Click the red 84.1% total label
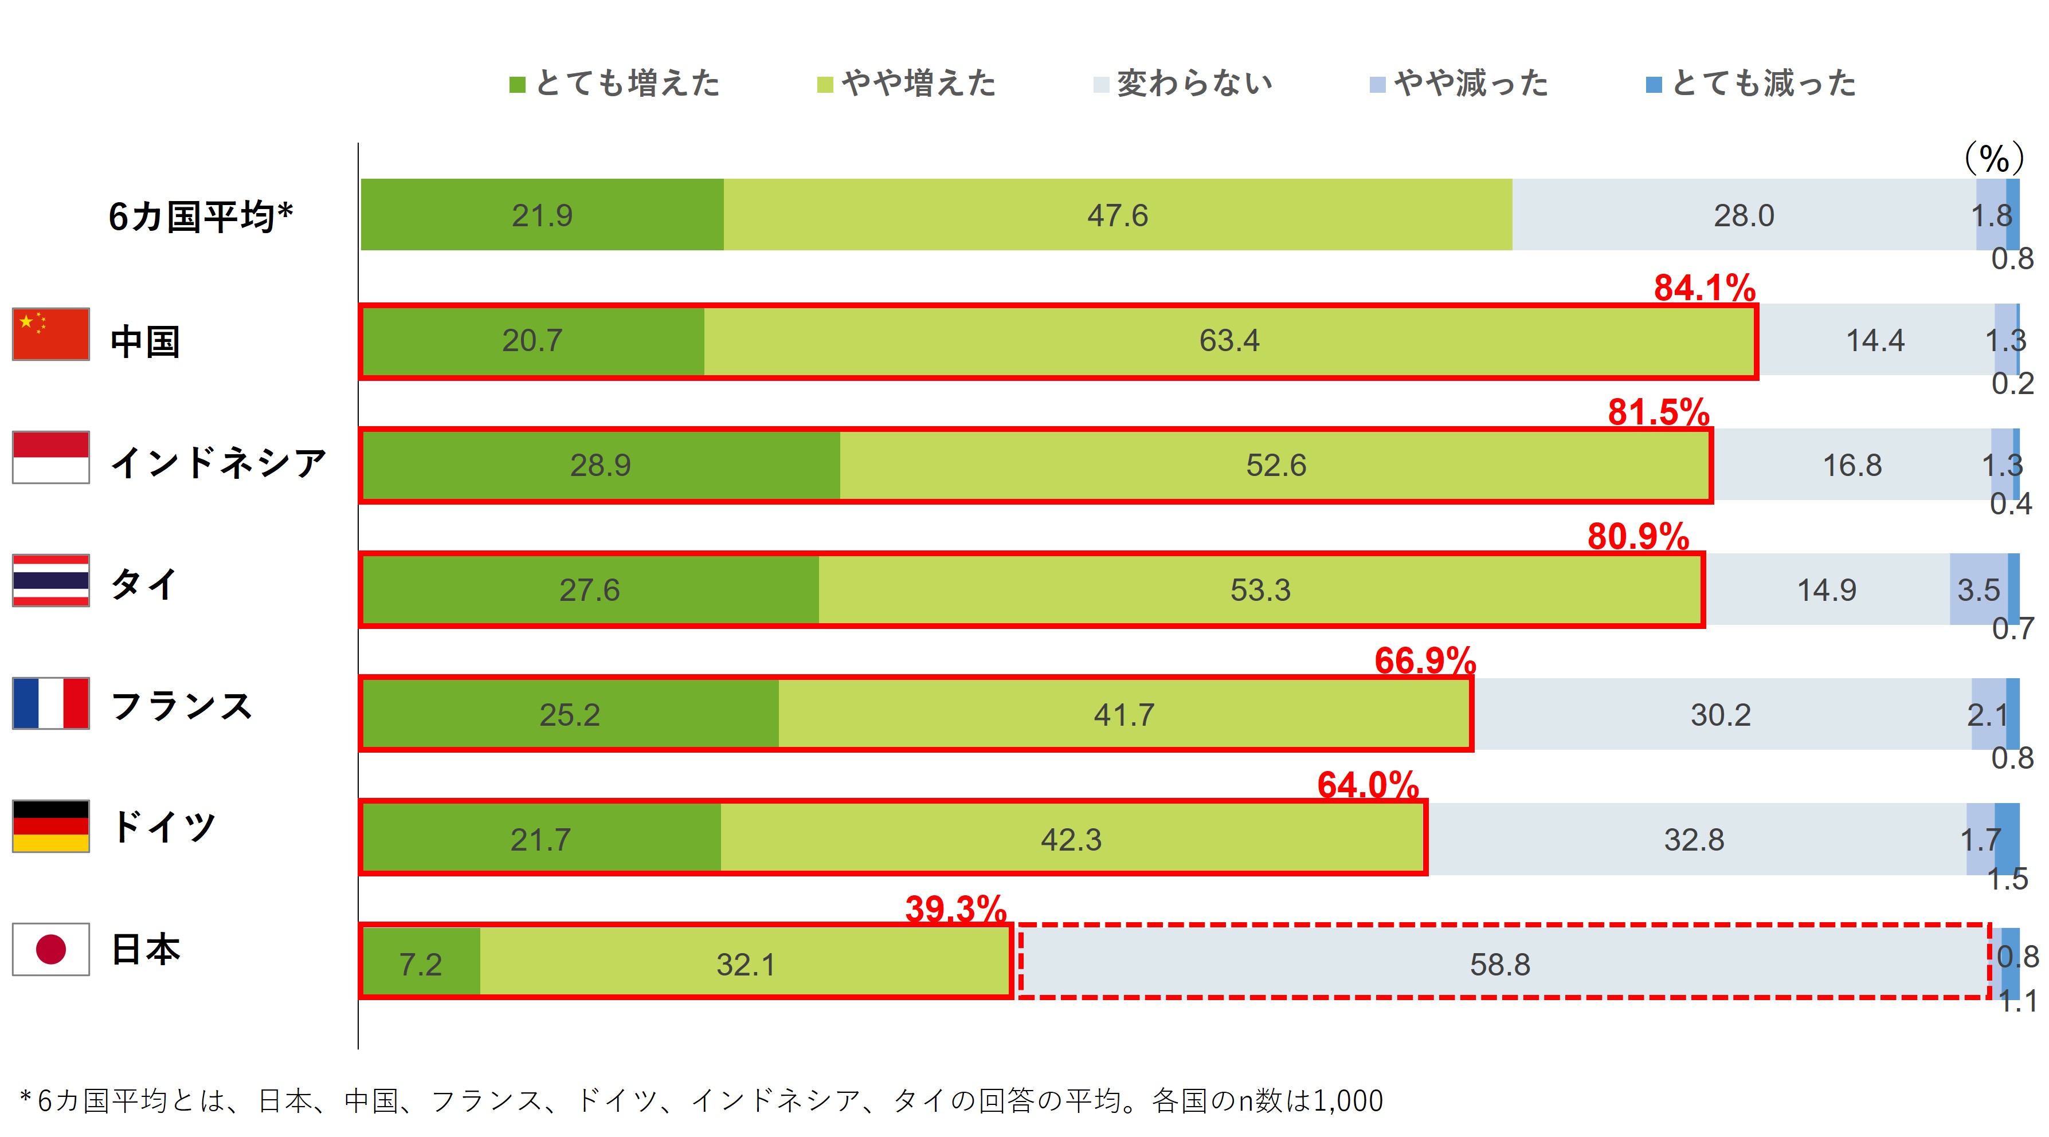click(x=1704, y=288)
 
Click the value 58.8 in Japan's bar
click(x=1499, y=965)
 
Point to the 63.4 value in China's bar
click(x=1229, y=340)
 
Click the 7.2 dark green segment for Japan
click(x=420, y=965)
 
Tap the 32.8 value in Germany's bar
click(x=1694, y=840)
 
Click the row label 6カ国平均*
click(x=201, y=217)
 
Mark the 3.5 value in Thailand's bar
click(x=1977, y=590)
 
